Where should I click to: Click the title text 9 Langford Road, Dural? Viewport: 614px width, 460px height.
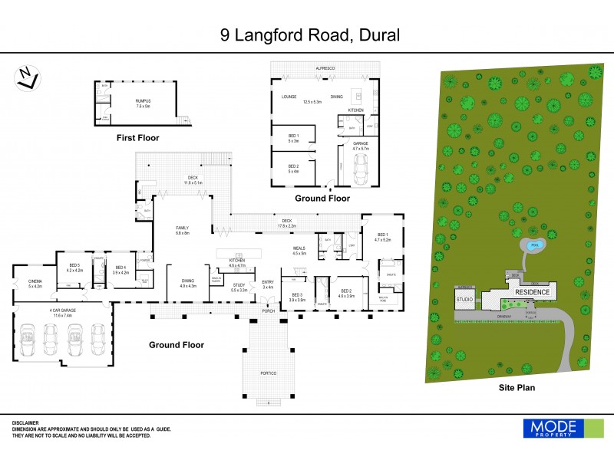pyautogui.click(x=307, y=34)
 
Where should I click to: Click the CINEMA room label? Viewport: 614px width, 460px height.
pyautogui.click(x=35, y=284)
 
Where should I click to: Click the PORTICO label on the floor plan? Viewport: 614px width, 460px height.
pyautogui.click(x=268, y=373)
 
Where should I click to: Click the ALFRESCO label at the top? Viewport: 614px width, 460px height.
pyautogui.click(x=325, y=68)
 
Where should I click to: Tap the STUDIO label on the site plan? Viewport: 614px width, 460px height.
pyautogui.click(x=464, y=299)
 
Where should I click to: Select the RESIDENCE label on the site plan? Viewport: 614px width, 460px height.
pyautogui.click(x=531, y=292)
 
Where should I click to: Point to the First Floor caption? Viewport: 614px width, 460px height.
pyautogui.click(x=137, y=137)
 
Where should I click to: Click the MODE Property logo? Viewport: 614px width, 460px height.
pyautogui.click(x=553, y=429)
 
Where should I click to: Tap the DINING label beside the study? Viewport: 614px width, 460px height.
pyautogui.click(x=187, y=283)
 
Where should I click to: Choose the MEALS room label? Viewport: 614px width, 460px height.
pyautogui.click(x=299, y=250)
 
